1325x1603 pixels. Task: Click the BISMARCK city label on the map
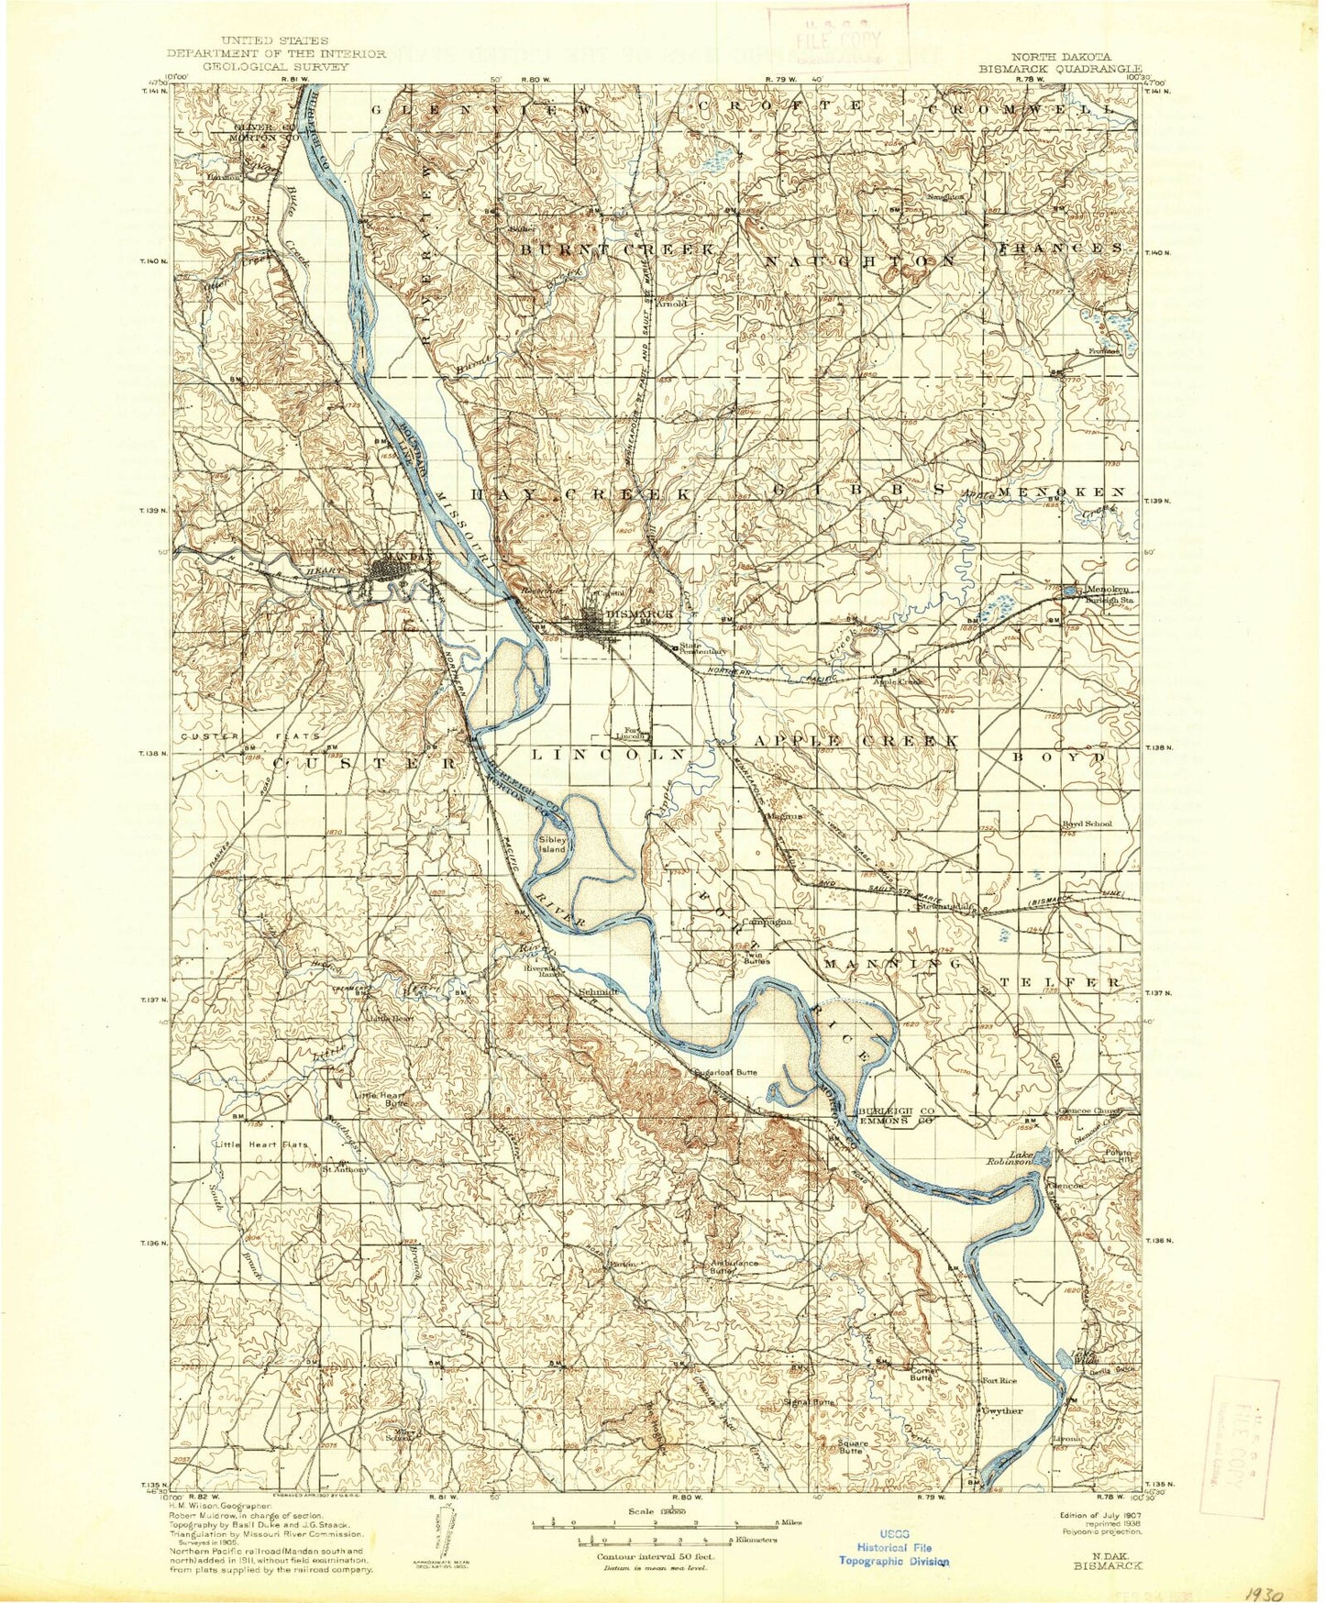tap(640, 614)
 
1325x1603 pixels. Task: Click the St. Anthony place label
tap(344, 1169)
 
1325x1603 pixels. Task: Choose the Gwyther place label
tap(1002, 1410)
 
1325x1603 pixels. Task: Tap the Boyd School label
tap(1087, 824)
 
